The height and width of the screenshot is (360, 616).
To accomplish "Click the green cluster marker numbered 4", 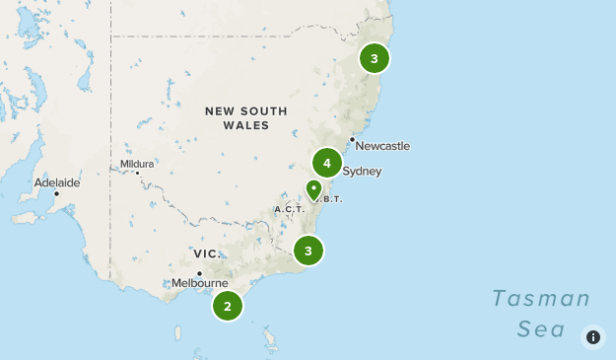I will (326, 163).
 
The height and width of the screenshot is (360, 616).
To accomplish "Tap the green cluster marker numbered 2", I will (228, 307).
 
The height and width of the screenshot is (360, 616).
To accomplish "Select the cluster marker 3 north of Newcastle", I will (374, 58).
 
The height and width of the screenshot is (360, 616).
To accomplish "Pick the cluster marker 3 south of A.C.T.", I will (308, 252).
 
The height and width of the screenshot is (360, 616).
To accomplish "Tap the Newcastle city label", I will (382, 146).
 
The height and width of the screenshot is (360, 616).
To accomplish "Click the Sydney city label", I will (362, 172).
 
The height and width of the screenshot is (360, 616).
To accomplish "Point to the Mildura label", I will (137, 164).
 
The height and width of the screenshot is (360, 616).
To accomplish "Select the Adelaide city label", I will (56, 182).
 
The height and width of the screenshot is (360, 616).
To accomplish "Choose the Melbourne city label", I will (199, 283).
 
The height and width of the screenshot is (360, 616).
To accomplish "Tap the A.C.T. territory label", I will (289, 209).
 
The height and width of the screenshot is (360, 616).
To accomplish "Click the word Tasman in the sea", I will (541, 299).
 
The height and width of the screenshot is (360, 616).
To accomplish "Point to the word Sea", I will (541, 328).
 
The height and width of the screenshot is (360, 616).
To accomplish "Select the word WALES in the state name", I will (246, 125).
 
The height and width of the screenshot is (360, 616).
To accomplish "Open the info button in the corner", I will (593, 337).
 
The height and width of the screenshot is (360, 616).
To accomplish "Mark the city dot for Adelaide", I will (57, 193).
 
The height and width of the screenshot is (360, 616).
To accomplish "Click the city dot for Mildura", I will (138, 174).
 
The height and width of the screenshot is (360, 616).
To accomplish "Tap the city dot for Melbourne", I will (199, 273).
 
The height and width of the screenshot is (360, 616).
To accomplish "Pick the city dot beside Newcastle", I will (352, 139).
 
